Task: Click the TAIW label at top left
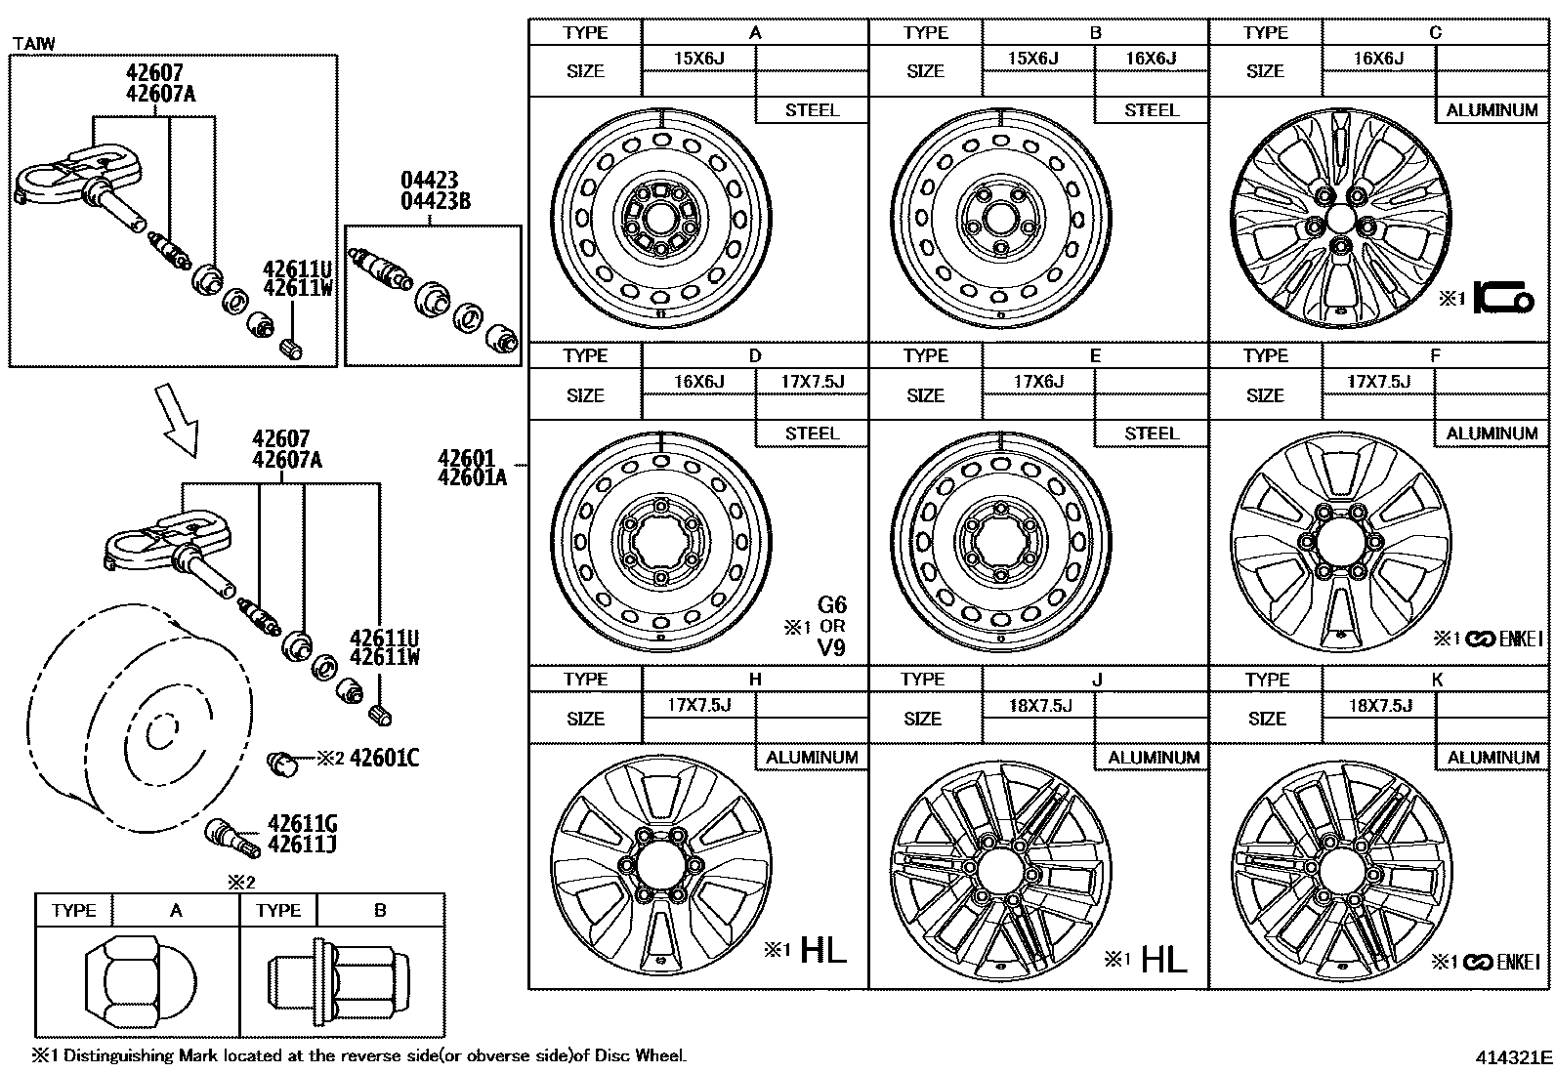coord(33,43)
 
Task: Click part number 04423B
coord(436,202)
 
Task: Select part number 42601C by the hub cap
coord(384,758)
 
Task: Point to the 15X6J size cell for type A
coord(698,59)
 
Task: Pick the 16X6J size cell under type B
coord(1151,59)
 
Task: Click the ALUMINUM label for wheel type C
coord(1492,110)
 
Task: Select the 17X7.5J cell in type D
coord(812,382)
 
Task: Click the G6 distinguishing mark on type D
coord(831,605)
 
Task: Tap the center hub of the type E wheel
coord(1001,542)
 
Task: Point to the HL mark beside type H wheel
coord(822,950)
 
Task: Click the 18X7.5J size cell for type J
coord(1039,705)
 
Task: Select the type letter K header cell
coord(1437,680)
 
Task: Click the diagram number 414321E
coord(1513,1056)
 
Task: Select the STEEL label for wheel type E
coord(1151,433)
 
